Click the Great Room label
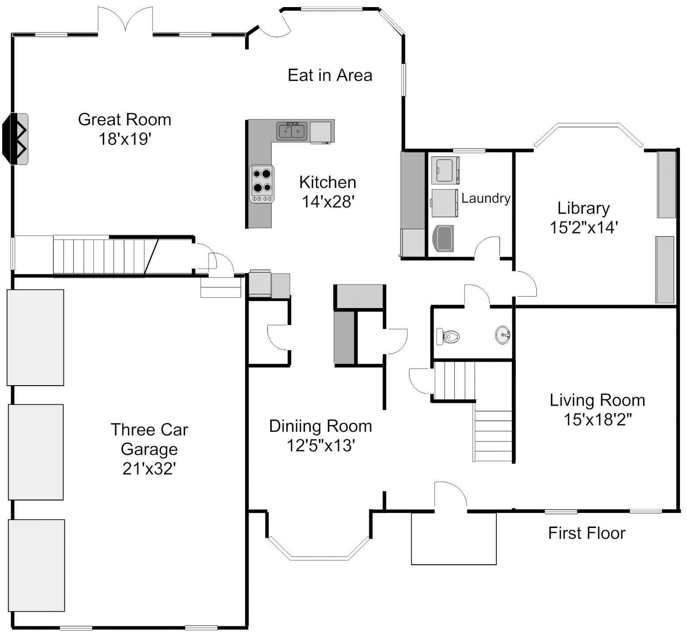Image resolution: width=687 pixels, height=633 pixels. [x=125, y=119]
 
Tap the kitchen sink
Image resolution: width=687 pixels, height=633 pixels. [x=292, y=131]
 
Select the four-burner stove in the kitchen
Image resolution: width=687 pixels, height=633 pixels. [x=262, y=184]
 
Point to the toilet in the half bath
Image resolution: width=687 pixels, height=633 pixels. [x=448, y=336]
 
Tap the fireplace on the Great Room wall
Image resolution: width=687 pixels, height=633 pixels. [x=16, y=139]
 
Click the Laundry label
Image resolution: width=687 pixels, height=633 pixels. [x=486, y=198]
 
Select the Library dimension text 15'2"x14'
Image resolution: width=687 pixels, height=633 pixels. [x=584, y=227]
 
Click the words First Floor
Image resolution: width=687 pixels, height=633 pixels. [x=586, y=533]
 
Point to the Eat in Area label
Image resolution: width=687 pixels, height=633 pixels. [x=330, y=75]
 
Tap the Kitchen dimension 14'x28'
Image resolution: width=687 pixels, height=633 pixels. [x=328, y=202]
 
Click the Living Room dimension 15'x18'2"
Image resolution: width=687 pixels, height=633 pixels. [x=597, y=419]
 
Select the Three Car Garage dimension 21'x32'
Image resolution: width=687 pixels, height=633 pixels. [x=149, y=469]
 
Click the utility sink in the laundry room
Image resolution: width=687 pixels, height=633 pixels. [x=443, y=238]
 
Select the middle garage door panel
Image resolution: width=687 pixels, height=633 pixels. [x=36, y=452]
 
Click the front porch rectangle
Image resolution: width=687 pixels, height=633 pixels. [x=453, y=538]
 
